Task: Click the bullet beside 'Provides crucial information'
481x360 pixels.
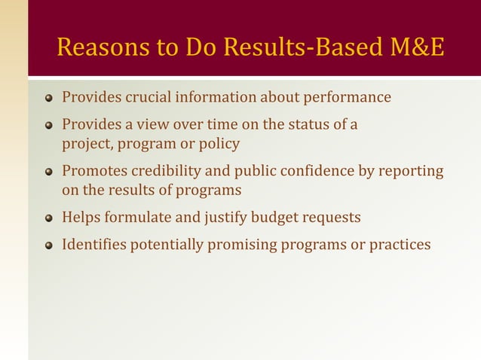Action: pos(49,98)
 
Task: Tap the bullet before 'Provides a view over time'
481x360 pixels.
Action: pos(49,125)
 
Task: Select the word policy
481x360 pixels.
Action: pos(219,143)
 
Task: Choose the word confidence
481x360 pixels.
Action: pos(310,171)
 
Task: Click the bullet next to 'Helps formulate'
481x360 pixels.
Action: pos(49,218)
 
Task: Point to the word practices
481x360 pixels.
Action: pos(400,245)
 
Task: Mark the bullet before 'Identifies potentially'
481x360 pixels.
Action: pos(49,246)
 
